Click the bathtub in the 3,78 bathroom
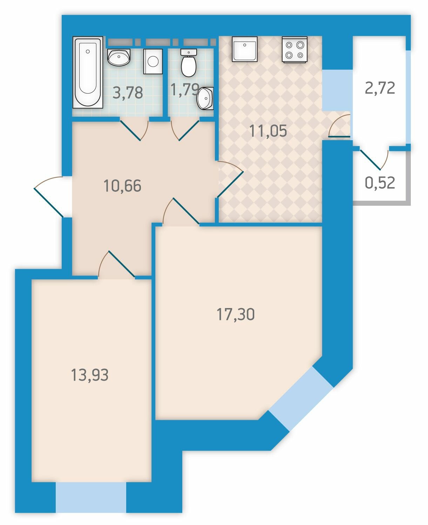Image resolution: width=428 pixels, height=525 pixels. click(x=88, y=72)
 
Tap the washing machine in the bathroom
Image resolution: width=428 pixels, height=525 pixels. click(x=153, y=61)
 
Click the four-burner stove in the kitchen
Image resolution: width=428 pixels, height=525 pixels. click(x=294, y=49)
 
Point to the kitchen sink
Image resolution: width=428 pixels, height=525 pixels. click(x=245, y=49)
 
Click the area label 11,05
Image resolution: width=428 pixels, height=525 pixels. click(x=268, y=131)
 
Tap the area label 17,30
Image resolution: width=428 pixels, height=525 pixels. click(x=236, y=314)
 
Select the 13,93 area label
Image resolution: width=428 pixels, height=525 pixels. click(x=89, y=375)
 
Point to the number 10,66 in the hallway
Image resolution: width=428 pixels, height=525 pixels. click(x=123, y=186)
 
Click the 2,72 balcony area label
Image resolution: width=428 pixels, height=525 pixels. click(x=380, y=88)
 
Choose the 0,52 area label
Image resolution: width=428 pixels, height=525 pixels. click(x=380, y=183)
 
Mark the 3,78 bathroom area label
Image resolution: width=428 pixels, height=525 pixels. click(x=128, y=93)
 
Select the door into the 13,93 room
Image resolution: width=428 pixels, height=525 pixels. click(x=117, y=264)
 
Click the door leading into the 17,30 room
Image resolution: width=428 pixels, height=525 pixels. click(x=181, y=211)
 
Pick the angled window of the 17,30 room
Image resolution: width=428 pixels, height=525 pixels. click(x=301, y=399)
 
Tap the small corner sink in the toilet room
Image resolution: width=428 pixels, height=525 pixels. click(x=205, y=98)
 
